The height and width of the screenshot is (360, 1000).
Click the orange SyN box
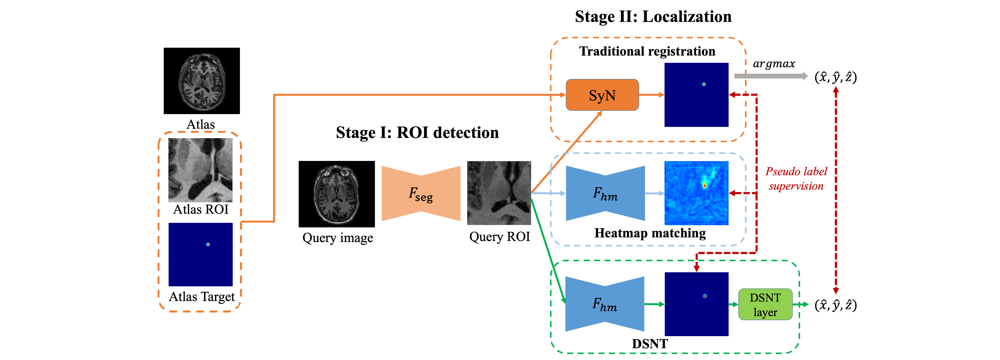[602, 95]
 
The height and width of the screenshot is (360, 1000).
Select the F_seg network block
[421, 193]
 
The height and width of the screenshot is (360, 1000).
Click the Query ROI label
[499, 236]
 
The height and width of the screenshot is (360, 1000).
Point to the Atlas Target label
[201, 297]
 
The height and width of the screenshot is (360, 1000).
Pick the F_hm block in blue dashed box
[605, 193]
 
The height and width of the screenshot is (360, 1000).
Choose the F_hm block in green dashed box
[604, 304]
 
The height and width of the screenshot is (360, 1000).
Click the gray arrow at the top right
[771, 76]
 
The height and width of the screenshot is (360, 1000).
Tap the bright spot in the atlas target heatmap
[208, 244]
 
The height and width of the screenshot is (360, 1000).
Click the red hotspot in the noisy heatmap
[704, 186]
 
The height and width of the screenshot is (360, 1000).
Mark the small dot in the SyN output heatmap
[704, 84]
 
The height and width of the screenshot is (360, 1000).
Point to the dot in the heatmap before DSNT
[705, 296]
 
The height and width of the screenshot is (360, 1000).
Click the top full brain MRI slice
[202, 82]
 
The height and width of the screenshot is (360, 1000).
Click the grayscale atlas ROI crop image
[200, 170]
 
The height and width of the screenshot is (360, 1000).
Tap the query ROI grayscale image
[499, 193]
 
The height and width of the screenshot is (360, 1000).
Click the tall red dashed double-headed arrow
[836, 190]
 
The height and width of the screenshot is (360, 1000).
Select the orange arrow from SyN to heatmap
[651, 95]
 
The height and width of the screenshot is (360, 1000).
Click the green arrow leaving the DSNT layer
[801, 304]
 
